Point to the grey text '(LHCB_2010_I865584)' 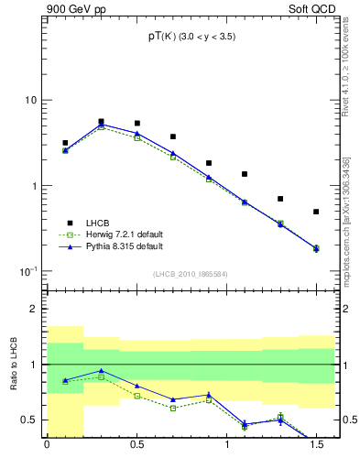191,274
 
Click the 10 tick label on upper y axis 29,100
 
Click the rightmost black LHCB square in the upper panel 316,212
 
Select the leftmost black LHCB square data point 65,143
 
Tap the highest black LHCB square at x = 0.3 101,121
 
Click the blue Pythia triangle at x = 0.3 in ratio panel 101,371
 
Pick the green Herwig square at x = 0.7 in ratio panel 173,408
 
